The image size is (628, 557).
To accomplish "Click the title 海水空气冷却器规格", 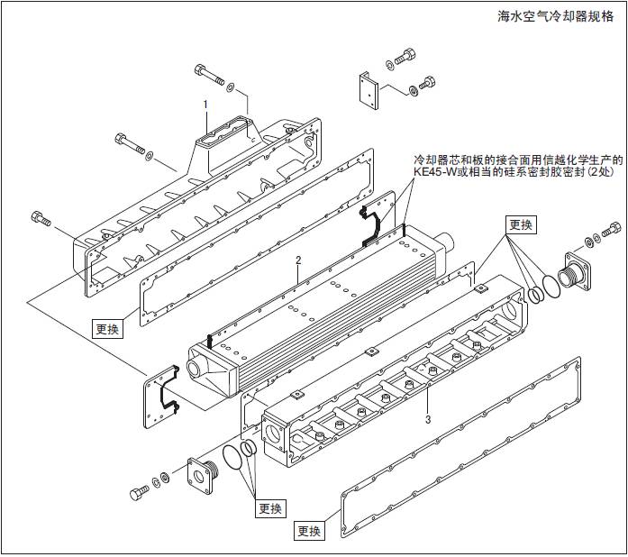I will pyautogui.click(x=559, y=15).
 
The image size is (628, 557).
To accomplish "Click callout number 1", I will pyautogui.click(x=205, y=105).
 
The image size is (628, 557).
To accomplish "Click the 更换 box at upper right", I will pyautogui.click(x=521, y=224).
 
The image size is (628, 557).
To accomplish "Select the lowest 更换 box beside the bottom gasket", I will pyautogui.click(x=308, y=531).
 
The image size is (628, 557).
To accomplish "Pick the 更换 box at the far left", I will pyautogui.click(x=106, y=328).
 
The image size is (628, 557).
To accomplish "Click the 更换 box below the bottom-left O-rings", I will pyautogui.click(x=270, y=508).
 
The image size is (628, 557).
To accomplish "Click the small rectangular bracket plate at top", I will pyautogui.click(x=368, y=89).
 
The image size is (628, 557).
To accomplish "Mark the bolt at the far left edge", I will pyautogui.click(x=41, y=218).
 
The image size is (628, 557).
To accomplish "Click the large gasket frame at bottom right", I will pyautogui.click(x=460, y=451).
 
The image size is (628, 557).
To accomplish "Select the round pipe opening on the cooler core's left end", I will pyautogui.click(x=196, y=370).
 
